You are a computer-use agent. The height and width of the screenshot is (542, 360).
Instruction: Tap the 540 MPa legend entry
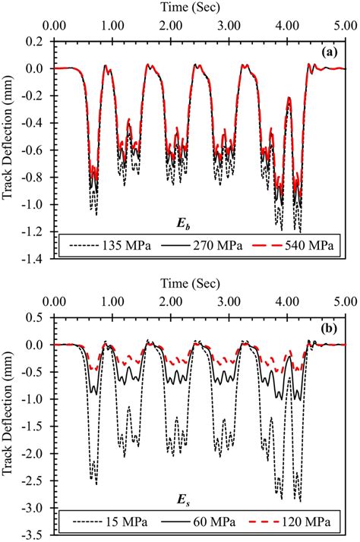click(296, 247)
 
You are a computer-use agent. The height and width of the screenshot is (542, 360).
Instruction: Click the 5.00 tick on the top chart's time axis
click(344, 25)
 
